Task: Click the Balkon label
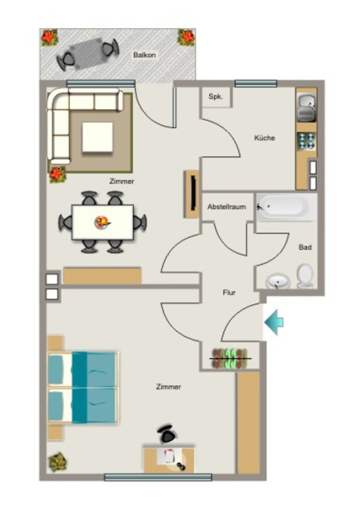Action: click(x=145, y=55)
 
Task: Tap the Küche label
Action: click(x=265, y=138)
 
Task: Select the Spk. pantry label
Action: click(x=216, y=96)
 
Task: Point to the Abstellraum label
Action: click(x=227, y=207)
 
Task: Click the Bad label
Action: click(x=305, y=247)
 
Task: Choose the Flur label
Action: click(x=229, y=292)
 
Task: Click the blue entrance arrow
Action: click(x=274, y=322)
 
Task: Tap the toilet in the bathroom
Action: click(x=305, y=276)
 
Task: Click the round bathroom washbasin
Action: click(x=278, y=281)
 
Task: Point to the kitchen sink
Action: click(x=307, y=107)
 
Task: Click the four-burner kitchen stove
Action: click(x=306, y=141)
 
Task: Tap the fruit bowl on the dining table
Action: click(x=102, y=223)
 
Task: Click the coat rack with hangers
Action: click(x=230, y=359)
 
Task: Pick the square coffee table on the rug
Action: click(x=97, y=137)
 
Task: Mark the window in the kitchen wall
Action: click(x=256, y=84)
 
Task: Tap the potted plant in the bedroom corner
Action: click(x=58, y=462)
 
